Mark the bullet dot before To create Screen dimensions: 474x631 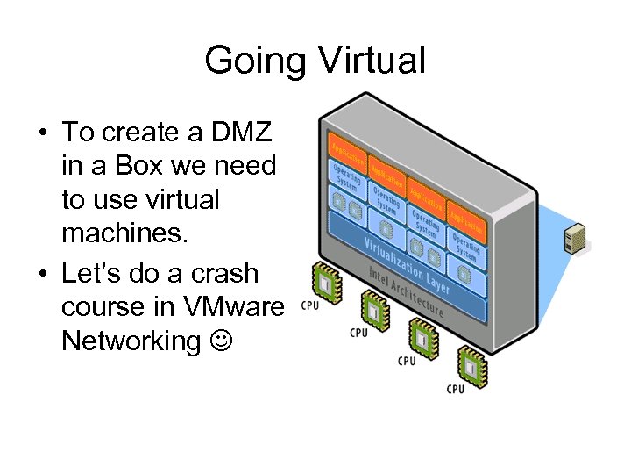pos(41,133)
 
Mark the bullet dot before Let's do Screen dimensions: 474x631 pos(41,274)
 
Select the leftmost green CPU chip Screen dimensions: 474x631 pos(325,281)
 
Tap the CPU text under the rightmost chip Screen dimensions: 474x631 pos(455,388)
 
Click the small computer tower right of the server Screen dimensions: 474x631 pos(575,237)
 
